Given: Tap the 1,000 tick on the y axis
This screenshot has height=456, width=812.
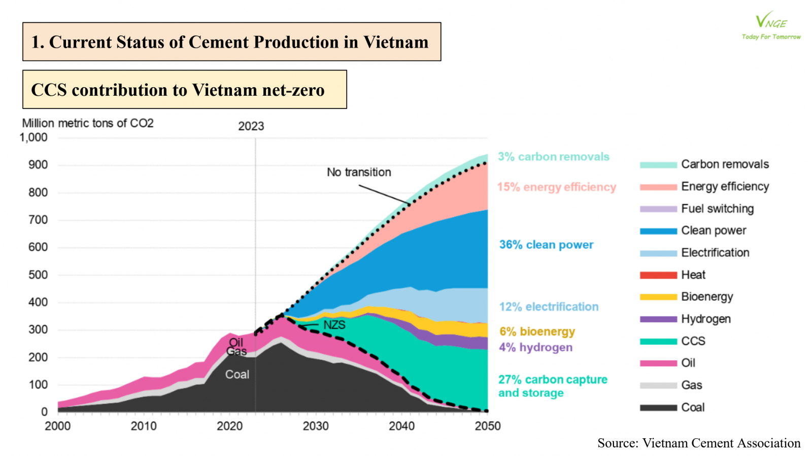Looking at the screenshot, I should click(33, 137).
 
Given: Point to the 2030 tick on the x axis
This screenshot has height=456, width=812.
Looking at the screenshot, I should click(316, 426).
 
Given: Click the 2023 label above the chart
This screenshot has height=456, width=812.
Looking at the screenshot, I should click(251, 126).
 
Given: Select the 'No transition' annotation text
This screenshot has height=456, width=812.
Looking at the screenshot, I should click(359, 172).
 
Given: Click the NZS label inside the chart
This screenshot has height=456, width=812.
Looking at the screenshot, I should click(334, 325).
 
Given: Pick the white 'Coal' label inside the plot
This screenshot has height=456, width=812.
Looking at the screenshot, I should click(237, 374).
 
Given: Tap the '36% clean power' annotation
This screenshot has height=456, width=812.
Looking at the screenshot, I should click(546, 245).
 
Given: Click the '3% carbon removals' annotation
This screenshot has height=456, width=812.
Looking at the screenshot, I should click(553, 157).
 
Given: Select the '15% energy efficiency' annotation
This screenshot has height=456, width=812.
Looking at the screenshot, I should click(556, 187).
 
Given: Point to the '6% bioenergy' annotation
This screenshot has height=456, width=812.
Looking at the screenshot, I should click(537, 331).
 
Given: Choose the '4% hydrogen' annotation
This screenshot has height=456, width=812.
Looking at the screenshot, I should click(535, 348).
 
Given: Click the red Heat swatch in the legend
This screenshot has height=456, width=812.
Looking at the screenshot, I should click(658, 275).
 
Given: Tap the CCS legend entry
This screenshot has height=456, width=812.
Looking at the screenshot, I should click(693, 341).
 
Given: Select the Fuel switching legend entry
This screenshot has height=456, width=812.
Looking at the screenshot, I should click(717, 209).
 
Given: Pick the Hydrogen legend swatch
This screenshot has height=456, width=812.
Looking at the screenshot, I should click(658, 319).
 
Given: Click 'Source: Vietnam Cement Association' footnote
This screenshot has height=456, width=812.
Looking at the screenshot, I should click(699, 443).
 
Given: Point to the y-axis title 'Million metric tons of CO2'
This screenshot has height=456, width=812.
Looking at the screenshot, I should click(88, 123).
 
